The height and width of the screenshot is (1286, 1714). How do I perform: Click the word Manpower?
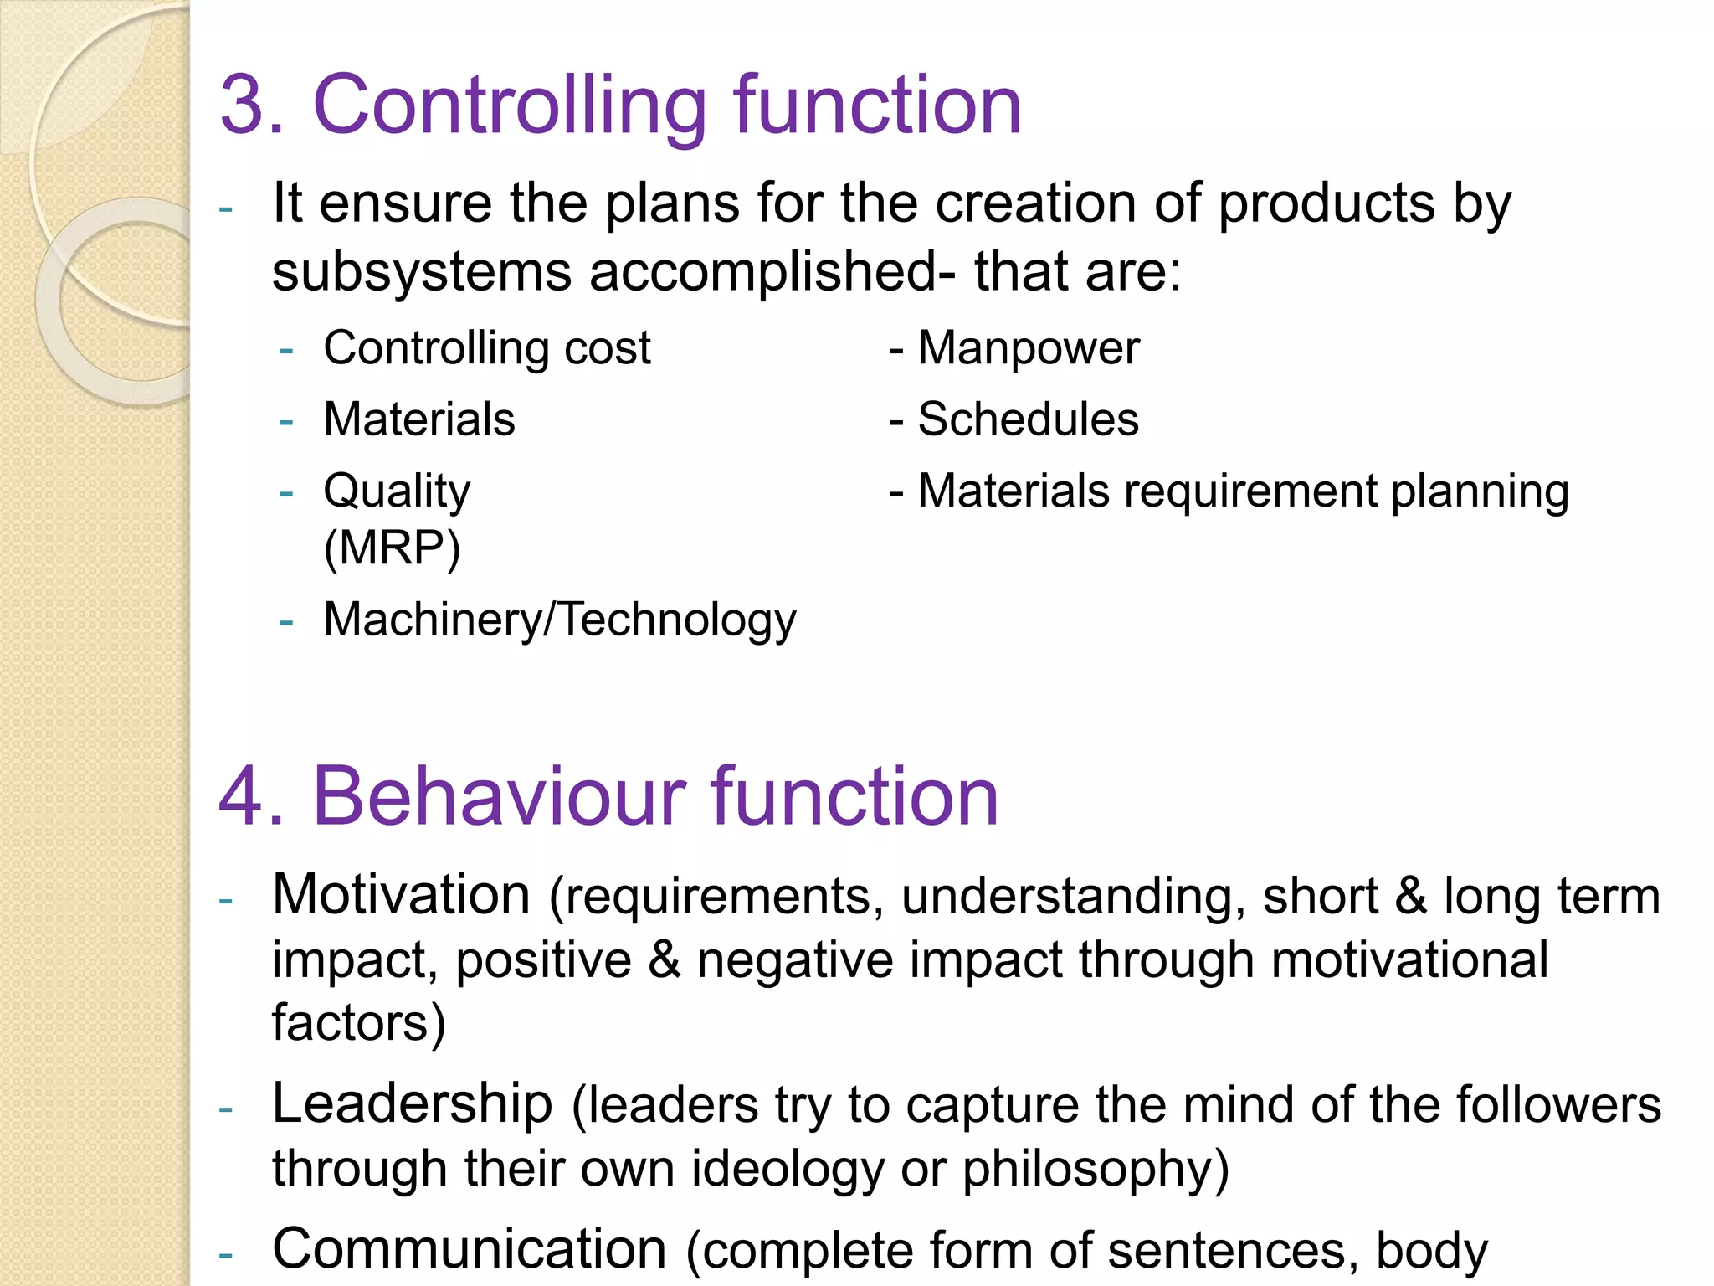click(x=1029, y=348)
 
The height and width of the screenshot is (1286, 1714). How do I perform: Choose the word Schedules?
click(x=1028, y=419)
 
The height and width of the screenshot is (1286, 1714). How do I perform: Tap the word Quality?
click(x=397, y=492)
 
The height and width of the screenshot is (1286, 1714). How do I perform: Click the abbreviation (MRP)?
click(x=392, y=549)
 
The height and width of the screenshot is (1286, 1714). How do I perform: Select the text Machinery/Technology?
click(x=560, y=620)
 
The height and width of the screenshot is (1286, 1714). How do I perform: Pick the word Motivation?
click(x=401, y=895)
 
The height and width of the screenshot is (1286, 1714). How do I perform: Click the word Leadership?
click(x=412, y=1103)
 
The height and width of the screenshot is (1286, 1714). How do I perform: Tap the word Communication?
click(x=469, y=1249)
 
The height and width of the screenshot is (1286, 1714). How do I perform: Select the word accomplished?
click(x=762, y=273)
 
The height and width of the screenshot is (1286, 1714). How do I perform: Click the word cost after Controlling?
click(x=607, y=348)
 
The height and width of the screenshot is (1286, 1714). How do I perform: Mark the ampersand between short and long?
click(x=1411, y=896)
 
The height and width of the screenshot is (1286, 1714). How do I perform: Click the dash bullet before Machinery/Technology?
click(x=286, y=621)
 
